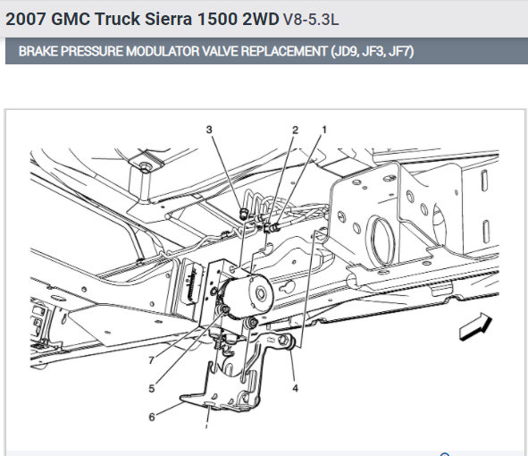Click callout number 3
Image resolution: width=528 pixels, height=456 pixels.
tap(209, 130)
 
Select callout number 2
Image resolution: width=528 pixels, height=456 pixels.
tap(296, 130)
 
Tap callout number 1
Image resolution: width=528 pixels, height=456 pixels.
tap(324, 130)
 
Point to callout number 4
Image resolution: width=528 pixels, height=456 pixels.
tap(296, 388)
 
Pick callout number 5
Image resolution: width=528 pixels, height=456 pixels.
tap(152, 389)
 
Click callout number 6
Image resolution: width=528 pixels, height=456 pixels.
tap(152, 418)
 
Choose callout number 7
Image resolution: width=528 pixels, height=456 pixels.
tap(152, 360)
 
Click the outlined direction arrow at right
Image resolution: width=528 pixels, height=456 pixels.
tap(475, 326)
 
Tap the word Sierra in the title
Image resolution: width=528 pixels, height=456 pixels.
tap(168, 19)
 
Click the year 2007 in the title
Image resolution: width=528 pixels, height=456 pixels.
tap(26, 19)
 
